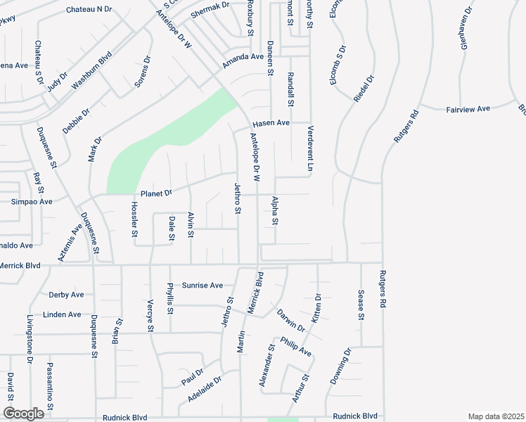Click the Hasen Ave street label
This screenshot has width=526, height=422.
coord(271,122)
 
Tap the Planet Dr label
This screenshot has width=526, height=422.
coord(156,193)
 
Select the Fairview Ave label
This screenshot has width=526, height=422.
coord(468,109)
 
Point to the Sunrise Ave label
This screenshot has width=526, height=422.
coord(203,286)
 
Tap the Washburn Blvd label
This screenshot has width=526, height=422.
coord(92,72)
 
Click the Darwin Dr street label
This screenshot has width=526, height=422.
coord(290,320)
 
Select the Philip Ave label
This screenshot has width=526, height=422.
coord(295,346)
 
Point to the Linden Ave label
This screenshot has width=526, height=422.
coord(62,314)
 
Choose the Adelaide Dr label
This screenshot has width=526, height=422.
coord(205,389)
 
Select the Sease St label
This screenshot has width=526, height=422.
coord(361,305)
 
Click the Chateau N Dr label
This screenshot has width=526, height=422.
coord(89,9)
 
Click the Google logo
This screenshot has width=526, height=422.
coord(23,414)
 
